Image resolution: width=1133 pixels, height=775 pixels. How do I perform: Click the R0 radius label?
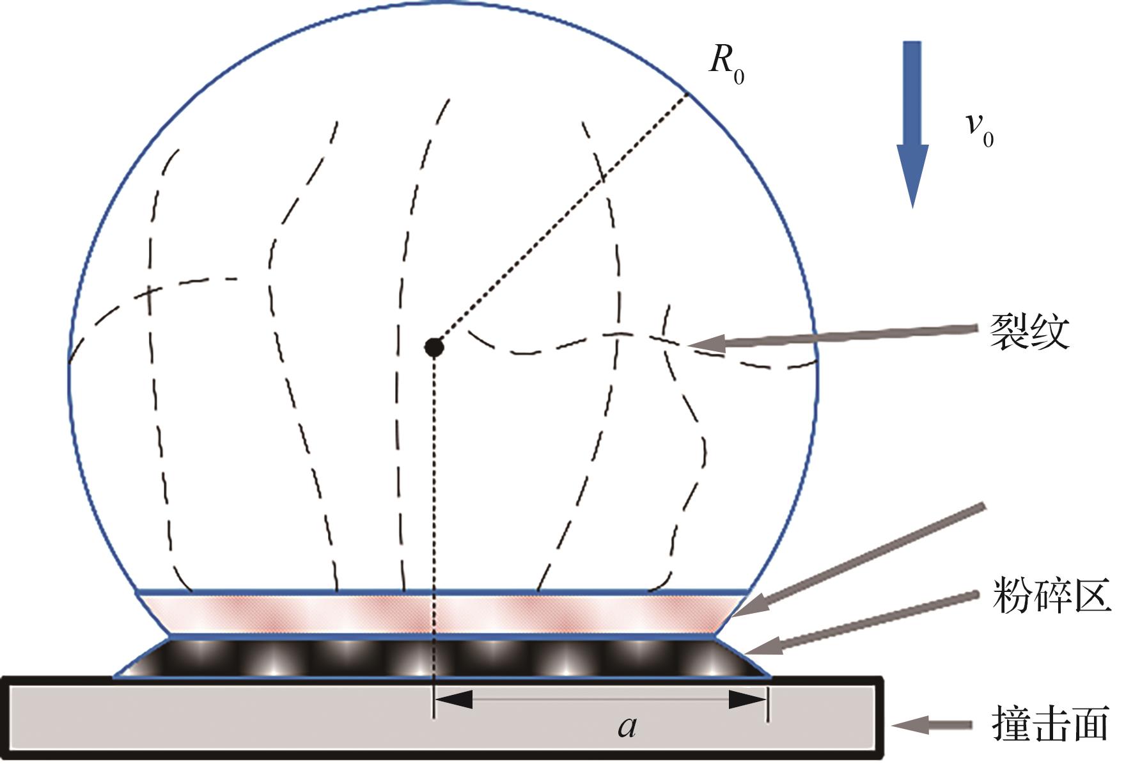click(726, 65)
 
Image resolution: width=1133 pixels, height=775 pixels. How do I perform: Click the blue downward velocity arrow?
click(912, 122)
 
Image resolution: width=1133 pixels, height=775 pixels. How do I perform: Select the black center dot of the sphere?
click(434, 348)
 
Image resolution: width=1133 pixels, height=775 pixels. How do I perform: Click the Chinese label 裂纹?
click(1029, 332)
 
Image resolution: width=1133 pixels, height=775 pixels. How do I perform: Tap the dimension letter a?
click(627, 726)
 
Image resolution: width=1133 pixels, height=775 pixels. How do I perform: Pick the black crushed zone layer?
click(441, 658)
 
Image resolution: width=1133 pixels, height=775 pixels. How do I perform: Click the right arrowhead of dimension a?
click(747, 699)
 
